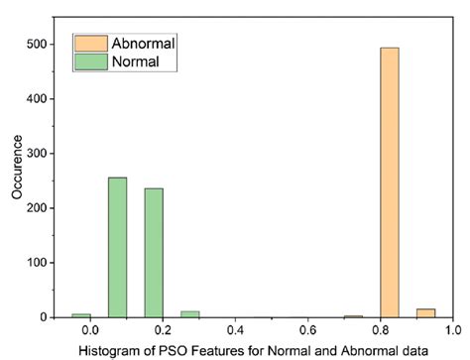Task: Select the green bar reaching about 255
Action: point(117,247)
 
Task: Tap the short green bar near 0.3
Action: point(189,314)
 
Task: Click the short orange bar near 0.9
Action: point(425,312)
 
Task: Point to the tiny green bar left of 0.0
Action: point(80,315)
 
